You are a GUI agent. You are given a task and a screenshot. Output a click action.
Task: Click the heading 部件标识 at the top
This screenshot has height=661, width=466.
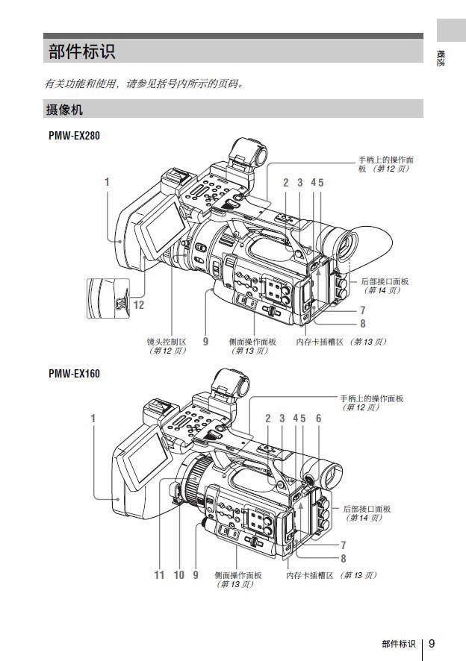82,52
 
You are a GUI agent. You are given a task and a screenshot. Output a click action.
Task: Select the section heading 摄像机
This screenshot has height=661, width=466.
64,110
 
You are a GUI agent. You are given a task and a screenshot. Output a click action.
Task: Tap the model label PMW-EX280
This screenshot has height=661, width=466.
72,136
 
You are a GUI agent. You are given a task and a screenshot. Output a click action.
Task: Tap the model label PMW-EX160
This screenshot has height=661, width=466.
72,373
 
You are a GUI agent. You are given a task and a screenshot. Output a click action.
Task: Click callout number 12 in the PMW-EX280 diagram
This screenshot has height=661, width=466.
138,305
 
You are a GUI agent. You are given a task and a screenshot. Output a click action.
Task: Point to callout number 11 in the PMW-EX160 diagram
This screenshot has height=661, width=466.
159,575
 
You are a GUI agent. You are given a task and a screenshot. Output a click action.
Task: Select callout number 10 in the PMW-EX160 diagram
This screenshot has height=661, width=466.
178,575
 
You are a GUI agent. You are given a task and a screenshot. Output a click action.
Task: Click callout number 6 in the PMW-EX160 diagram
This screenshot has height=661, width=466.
318,419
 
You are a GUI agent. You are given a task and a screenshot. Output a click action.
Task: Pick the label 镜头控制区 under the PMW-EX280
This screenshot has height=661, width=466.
166,341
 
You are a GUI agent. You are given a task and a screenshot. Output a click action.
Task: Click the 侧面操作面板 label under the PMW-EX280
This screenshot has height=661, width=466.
252,341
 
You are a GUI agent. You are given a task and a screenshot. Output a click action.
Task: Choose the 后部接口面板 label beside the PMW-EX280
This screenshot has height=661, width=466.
385,281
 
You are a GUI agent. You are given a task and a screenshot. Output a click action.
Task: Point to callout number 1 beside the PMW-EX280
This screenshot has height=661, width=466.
107,181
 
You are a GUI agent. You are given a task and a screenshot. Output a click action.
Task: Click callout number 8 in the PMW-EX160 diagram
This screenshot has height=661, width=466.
343,558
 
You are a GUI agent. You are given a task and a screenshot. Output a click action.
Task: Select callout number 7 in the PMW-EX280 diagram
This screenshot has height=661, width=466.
362,310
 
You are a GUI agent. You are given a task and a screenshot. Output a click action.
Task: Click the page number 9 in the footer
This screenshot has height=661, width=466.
432,644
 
